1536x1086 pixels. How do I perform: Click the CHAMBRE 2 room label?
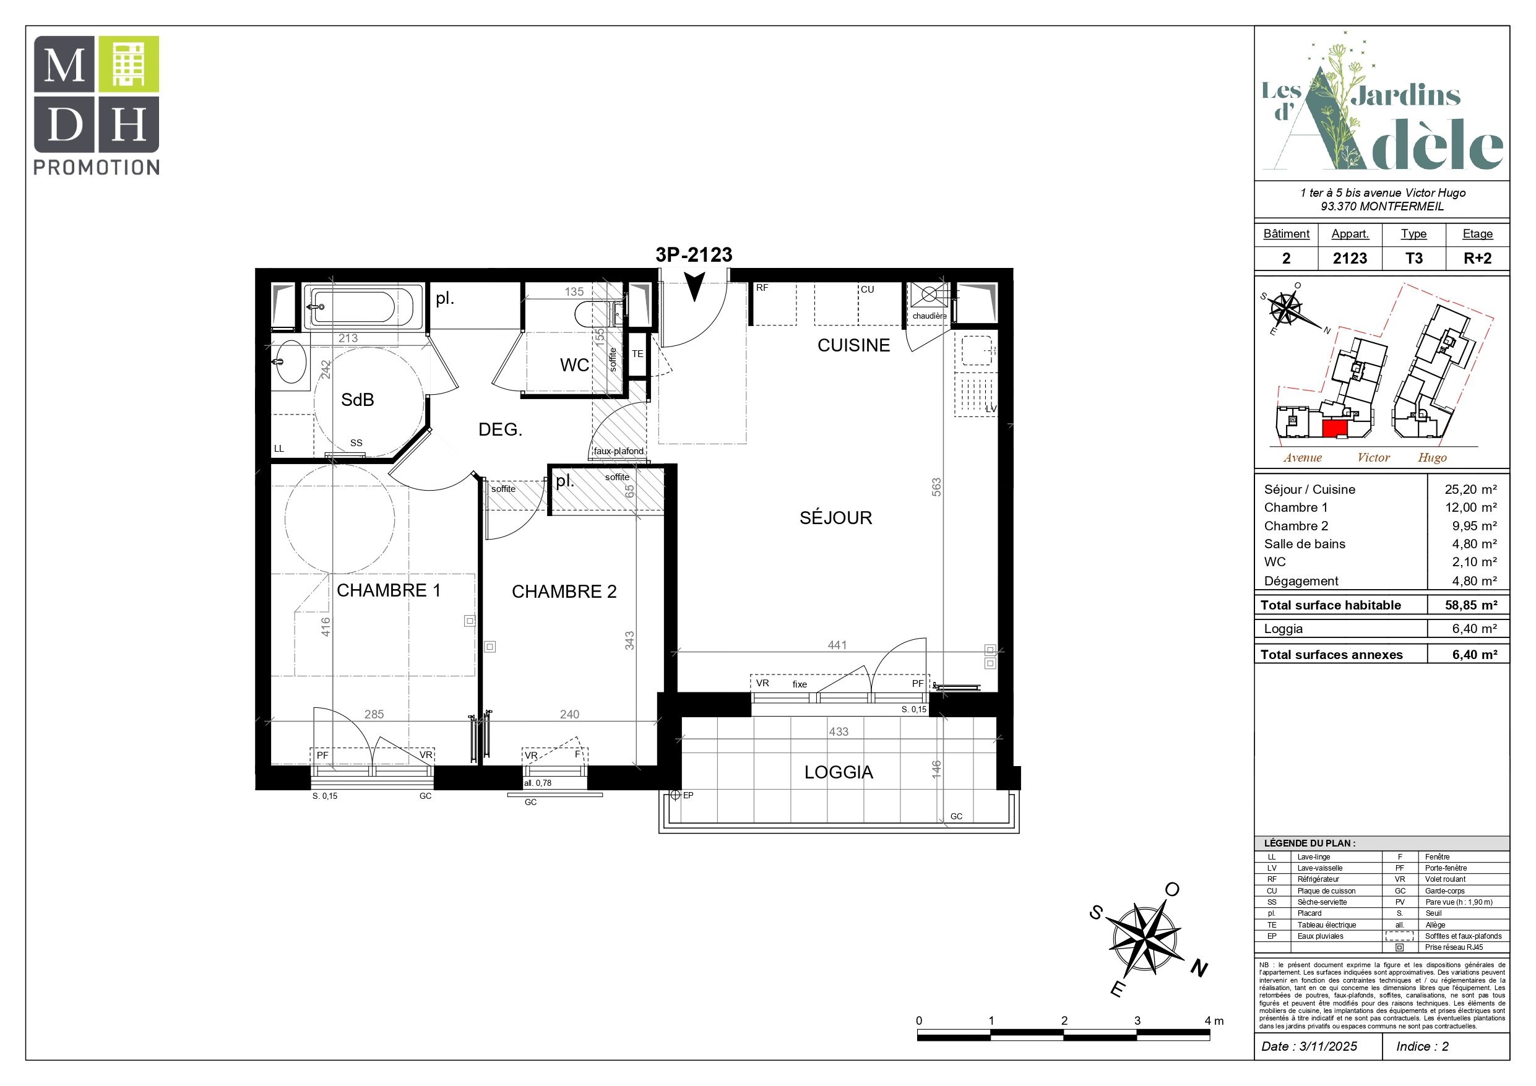564,592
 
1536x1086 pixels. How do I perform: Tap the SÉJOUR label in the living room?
835,517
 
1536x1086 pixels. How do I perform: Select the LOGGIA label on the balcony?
839,772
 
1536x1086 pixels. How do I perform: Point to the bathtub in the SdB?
355,307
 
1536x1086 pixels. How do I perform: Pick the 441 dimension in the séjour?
837,645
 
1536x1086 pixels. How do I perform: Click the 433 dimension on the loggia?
839,732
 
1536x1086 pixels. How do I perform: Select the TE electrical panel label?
637,354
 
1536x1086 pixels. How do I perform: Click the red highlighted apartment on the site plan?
1334,428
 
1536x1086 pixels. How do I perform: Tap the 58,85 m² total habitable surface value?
1470,605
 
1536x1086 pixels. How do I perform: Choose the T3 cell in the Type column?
1413,258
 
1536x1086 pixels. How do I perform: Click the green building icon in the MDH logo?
129,64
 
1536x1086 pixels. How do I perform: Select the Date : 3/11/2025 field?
1309,1046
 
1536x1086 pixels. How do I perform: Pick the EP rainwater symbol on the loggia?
675,796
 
